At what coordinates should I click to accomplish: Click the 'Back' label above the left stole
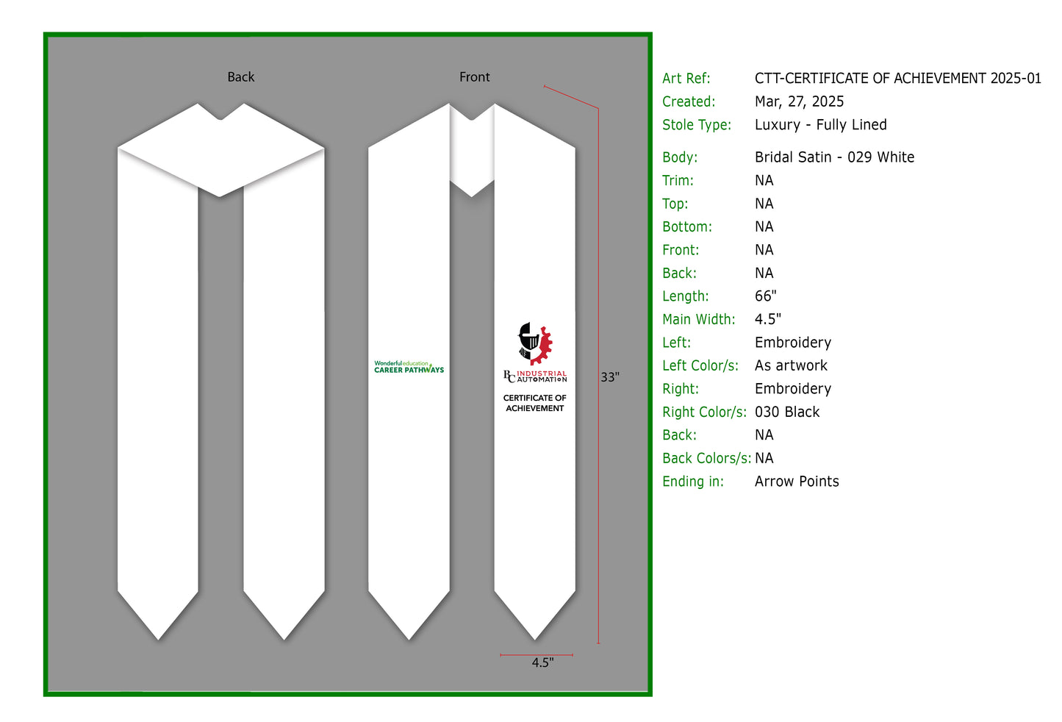pos(241,77)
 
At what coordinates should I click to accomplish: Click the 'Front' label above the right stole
pos(474,77)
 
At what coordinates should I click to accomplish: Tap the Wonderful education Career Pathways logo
pos(409,367)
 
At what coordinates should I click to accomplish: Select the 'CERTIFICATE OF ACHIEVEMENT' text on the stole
pos(535,403)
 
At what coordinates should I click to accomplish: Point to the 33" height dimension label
pos(610,377)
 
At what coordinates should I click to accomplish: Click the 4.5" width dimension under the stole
pos(542,662)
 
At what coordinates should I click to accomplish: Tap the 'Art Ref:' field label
pos(686,78)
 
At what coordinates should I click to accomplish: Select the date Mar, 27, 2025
pos(800,101)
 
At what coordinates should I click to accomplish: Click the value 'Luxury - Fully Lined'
pos(821,125)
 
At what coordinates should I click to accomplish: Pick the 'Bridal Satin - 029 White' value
pos(834,157)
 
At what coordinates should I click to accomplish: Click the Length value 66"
pos(766,296)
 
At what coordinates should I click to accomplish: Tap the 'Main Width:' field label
pos(699,319)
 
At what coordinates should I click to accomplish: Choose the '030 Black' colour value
pos(787,412)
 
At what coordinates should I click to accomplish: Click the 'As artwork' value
pos(791,365)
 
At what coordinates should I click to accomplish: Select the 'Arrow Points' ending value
pos(797,482)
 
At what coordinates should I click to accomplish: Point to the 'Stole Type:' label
pos(697,125)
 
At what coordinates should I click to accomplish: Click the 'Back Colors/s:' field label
pos(706,458)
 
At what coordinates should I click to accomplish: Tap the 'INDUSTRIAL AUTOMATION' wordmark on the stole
pos(542,376)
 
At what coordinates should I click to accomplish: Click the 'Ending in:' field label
pos(692,482)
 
